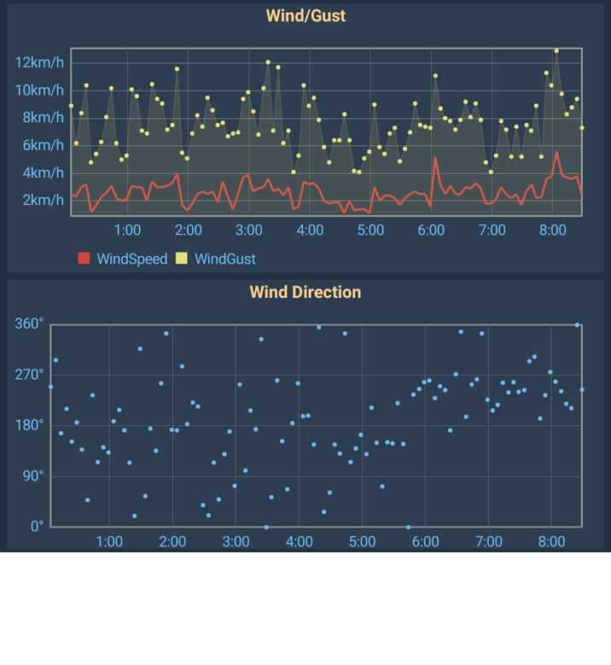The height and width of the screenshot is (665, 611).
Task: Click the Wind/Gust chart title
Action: tap(305, 15)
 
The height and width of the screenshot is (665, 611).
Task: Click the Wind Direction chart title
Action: tap(305, 292)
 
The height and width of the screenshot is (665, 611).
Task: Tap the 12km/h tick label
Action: tap(39, 62)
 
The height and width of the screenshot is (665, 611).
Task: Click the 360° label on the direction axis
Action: tap(28, 324)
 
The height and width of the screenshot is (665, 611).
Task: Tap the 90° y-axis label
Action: tap(32, 475)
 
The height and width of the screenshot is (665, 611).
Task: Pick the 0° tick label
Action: tap(35, 526)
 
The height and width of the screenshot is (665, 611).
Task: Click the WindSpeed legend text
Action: tap(131, 259)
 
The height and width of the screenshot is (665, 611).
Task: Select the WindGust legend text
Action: tap(224, 259)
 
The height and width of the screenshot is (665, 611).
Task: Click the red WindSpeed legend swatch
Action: tap(84, 259)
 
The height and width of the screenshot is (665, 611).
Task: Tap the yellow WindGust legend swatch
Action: tap(182, 259)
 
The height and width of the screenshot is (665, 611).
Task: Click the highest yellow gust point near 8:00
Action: tap(556, 50)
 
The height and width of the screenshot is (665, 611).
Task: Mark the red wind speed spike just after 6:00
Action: tap(435, 157)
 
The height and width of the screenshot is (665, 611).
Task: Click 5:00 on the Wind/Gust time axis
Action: tap(370, 230)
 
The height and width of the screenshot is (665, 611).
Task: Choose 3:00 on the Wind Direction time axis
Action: tap(236, 541)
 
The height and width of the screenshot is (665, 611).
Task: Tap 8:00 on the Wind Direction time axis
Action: tap(551, 541)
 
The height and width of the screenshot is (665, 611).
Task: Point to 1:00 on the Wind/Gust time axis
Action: tap(127, 230)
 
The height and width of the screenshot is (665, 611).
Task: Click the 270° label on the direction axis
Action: tap(28, 374)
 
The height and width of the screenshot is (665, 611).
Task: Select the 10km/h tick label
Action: tap(39, 90)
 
